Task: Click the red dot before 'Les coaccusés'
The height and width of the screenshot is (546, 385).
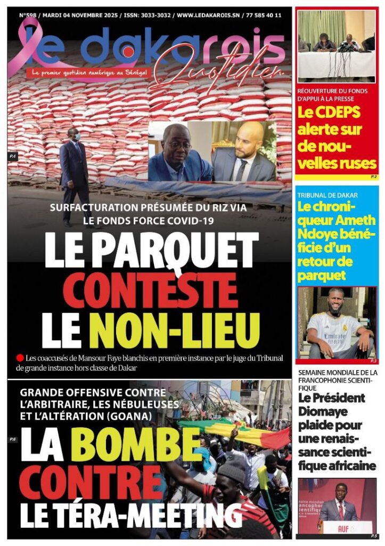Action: click(20, 358)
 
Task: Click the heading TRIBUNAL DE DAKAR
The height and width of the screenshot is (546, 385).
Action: click(327, 195)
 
